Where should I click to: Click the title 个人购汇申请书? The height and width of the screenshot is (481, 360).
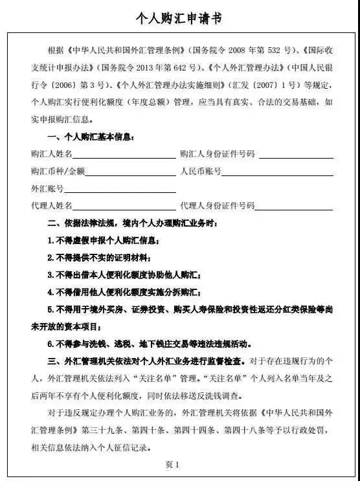[x=179, y=19]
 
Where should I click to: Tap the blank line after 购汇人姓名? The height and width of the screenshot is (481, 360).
[x=124, y=156]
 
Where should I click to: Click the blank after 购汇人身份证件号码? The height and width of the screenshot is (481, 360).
[x=295, y=156]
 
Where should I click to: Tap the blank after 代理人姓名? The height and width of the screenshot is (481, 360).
[x=124, y=208]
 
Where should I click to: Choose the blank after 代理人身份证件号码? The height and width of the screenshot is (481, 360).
[x=295, y=208]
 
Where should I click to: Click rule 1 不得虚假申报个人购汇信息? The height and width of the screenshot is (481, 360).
[x=104, y=241]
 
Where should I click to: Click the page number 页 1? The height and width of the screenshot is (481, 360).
[x=172, y=464]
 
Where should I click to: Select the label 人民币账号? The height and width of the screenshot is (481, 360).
[x=201, y=172]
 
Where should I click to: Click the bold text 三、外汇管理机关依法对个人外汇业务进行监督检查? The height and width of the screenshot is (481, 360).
[x=144, y=361]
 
